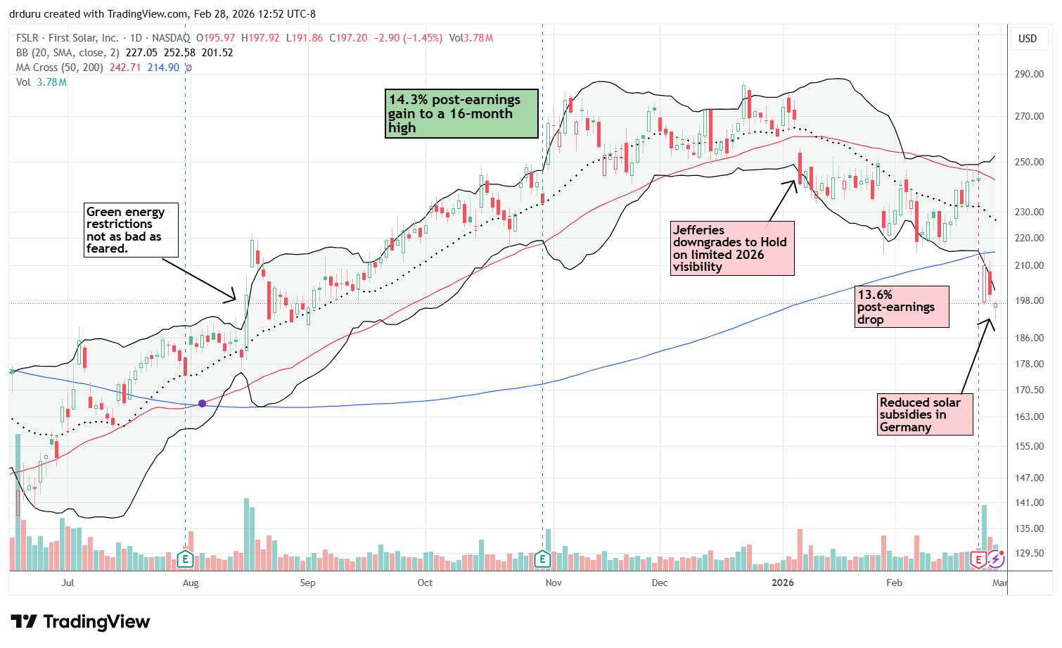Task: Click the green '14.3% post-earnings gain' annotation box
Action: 461,113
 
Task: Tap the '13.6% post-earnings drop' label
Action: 901,307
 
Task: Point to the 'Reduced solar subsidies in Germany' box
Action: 925,414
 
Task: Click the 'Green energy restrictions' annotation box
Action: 131,230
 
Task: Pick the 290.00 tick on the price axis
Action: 1028,74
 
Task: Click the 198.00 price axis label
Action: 1028,300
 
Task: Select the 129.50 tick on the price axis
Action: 1028,553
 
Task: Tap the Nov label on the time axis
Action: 554,583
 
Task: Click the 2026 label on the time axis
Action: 782,583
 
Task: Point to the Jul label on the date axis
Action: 68,583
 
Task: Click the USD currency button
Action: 1028,39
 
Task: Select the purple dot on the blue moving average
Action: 203,403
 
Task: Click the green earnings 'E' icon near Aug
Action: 185,559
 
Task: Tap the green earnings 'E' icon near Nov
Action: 542,559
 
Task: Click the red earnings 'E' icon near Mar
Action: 978,559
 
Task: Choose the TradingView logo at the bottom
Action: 80,622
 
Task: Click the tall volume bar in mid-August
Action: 246,534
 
